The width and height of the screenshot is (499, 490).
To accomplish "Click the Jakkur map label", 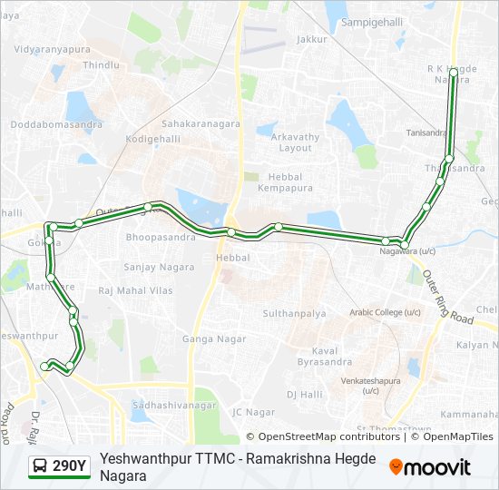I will pos(311,39).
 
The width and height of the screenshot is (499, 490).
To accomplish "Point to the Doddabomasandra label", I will pos(56,123).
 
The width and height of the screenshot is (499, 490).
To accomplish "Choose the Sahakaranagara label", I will pos(200,122).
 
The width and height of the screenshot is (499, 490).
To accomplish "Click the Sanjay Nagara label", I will pos(159,267).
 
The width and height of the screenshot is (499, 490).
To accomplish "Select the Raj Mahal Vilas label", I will pos(135,290).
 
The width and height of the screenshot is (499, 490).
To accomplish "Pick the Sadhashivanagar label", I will pos(173,405).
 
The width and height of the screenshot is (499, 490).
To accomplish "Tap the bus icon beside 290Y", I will pos(40,466).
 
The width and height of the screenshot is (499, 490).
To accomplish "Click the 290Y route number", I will pos(70,466).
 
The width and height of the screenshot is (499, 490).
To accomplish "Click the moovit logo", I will pos(430,466).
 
